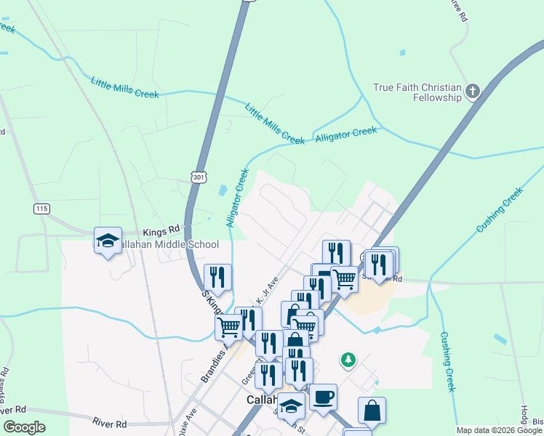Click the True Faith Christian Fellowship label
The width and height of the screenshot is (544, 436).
pos(417,92)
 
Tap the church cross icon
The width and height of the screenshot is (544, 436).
pos(473,92)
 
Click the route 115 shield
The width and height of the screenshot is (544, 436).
pos(41,209)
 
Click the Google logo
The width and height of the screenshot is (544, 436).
pos(24,427)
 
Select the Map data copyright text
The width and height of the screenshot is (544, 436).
pos(499,430)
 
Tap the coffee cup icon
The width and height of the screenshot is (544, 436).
pos(323,397)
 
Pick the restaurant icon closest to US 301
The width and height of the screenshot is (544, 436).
pos(217,277)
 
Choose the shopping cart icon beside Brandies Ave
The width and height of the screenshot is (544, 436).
pos(229,327)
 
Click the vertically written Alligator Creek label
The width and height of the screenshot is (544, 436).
pos(238,198)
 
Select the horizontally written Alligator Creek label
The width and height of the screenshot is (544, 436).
pos(345,134)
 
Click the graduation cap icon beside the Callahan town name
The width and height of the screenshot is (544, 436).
pos(292,408)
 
